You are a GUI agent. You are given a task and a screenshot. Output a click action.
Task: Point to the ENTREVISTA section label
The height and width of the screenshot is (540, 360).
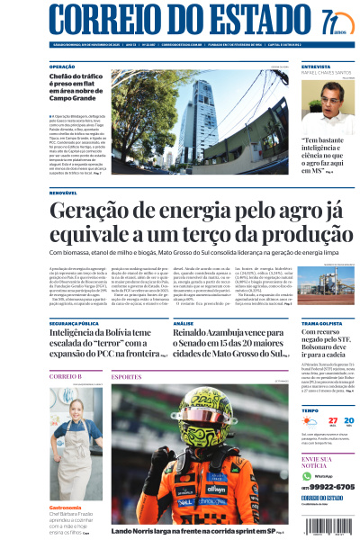316,67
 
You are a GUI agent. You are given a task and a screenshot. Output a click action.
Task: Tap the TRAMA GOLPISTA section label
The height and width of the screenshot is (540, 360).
322,321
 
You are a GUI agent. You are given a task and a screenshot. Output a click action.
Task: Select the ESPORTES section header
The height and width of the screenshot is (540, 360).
127,376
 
